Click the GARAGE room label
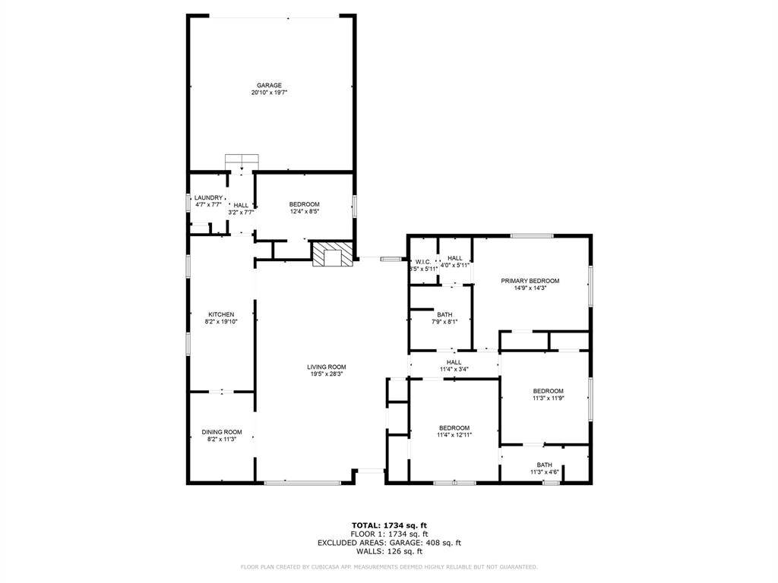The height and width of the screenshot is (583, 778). click(x=269, y=85)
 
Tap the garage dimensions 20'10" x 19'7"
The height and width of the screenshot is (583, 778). click(x=269, y=93)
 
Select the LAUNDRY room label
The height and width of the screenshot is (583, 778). click(x=208, y=197)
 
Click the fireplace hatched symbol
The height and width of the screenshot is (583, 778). click(x=333, y=254)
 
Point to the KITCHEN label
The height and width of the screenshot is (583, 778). click(x=221, y=314)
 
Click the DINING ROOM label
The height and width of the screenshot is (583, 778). click(x=222, y=432)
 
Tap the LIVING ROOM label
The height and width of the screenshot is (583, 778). click(x=327, y=367)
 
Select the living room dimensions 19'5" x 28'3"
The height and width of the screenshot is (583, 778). click(x=327, y=373)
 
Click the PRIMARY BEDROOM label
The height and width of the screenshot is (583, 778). click(x=530, y=281)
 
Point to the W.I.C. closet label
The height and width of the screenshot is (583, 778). click(x=423, y=262)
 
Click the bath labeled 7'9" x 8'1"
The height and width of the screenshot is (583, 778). click(x=444, y=317)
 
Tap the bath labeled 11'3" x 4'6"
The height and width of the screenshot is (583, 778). click(x=545, y=468)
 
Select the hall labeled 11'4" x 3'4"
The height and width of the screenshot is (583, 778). click(x=454, y=366)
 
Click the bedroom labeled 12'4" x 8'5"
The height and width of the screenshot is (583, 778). click(x=304, y=207)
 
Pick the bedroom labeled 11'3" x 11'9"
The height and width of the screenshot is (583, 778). click(x=548, y=394)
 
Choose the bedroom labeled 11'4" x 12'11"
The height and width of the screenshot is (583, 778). click(x=454, y=431)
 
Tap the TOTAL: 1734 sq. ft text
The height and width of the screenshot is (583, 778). click(x=389, y=525)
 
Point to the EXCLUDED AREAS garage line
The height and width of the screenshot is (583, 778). click(x=389, y=543)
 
